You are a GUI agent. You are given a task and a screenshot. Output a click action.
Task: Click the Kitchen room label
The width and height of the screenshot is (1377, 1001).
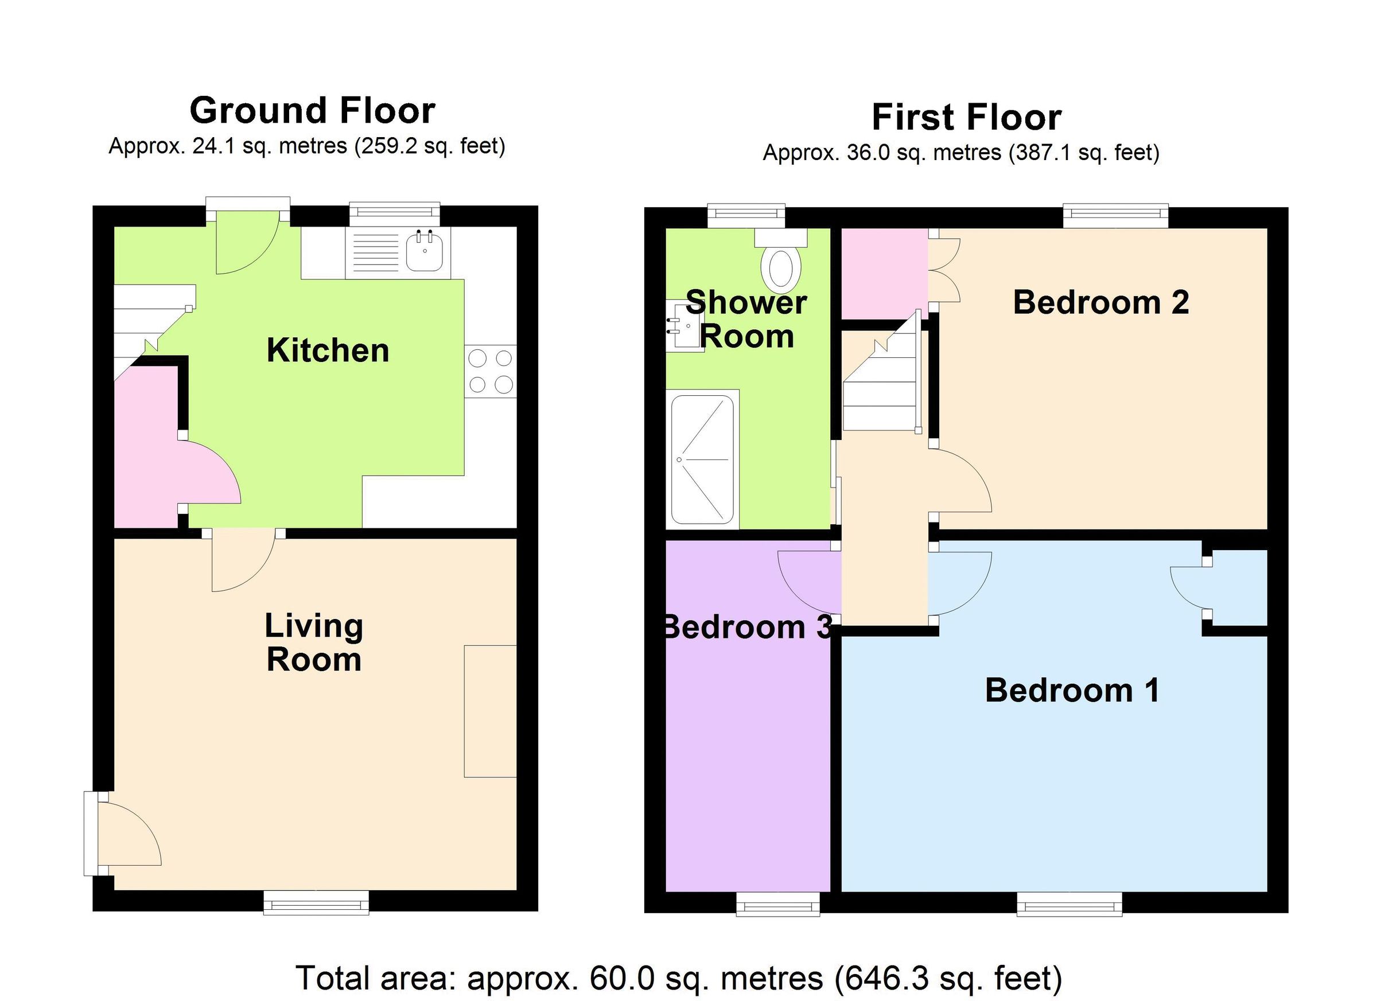tap(328, 351)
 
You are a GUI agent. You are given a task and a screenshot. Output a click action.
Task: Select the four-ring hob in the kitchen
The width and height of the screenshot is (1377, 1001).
tap(491, 372)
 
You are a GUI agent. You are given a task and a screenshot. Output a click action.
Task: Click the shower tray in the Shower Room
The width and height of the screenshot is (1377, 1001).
tap(703, 459)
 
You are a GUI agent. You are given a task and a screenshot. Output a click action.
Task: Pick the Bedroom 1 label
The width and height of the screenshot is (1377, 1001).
tap(1072, 691)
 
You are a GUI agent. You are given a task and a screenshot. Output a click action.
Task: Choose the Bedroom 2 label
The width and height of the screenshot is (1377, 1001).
tap(1101, 302)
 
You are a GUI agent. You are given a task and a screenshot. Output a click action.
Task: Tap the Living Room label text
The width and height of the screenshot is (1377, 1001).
tap(314, 642)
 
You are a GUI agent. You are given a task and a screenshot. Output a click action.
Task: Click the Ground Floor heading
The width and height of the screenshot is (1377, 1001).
tap(313, 111)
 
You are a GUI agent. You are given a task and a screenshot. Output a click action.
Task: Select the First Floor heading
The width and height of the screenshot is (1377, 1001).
tap(967, 117)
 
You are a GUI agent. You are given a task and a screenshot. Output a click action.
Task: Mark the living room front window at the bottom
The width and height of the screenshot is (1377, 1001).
tap(316, 902)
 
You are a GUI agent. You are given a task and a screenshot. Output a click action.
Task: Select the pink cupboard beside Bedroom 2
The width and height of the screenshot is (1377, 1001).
tap(885, 273)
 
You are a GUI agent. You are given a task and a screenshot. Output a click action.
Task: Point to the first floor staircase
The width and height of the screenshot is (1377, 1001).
tap(880, 388)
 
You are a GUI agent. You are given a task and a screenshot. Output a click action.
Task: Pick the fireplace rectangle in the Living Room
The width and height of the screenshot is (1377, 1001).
tap(491, 711)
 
